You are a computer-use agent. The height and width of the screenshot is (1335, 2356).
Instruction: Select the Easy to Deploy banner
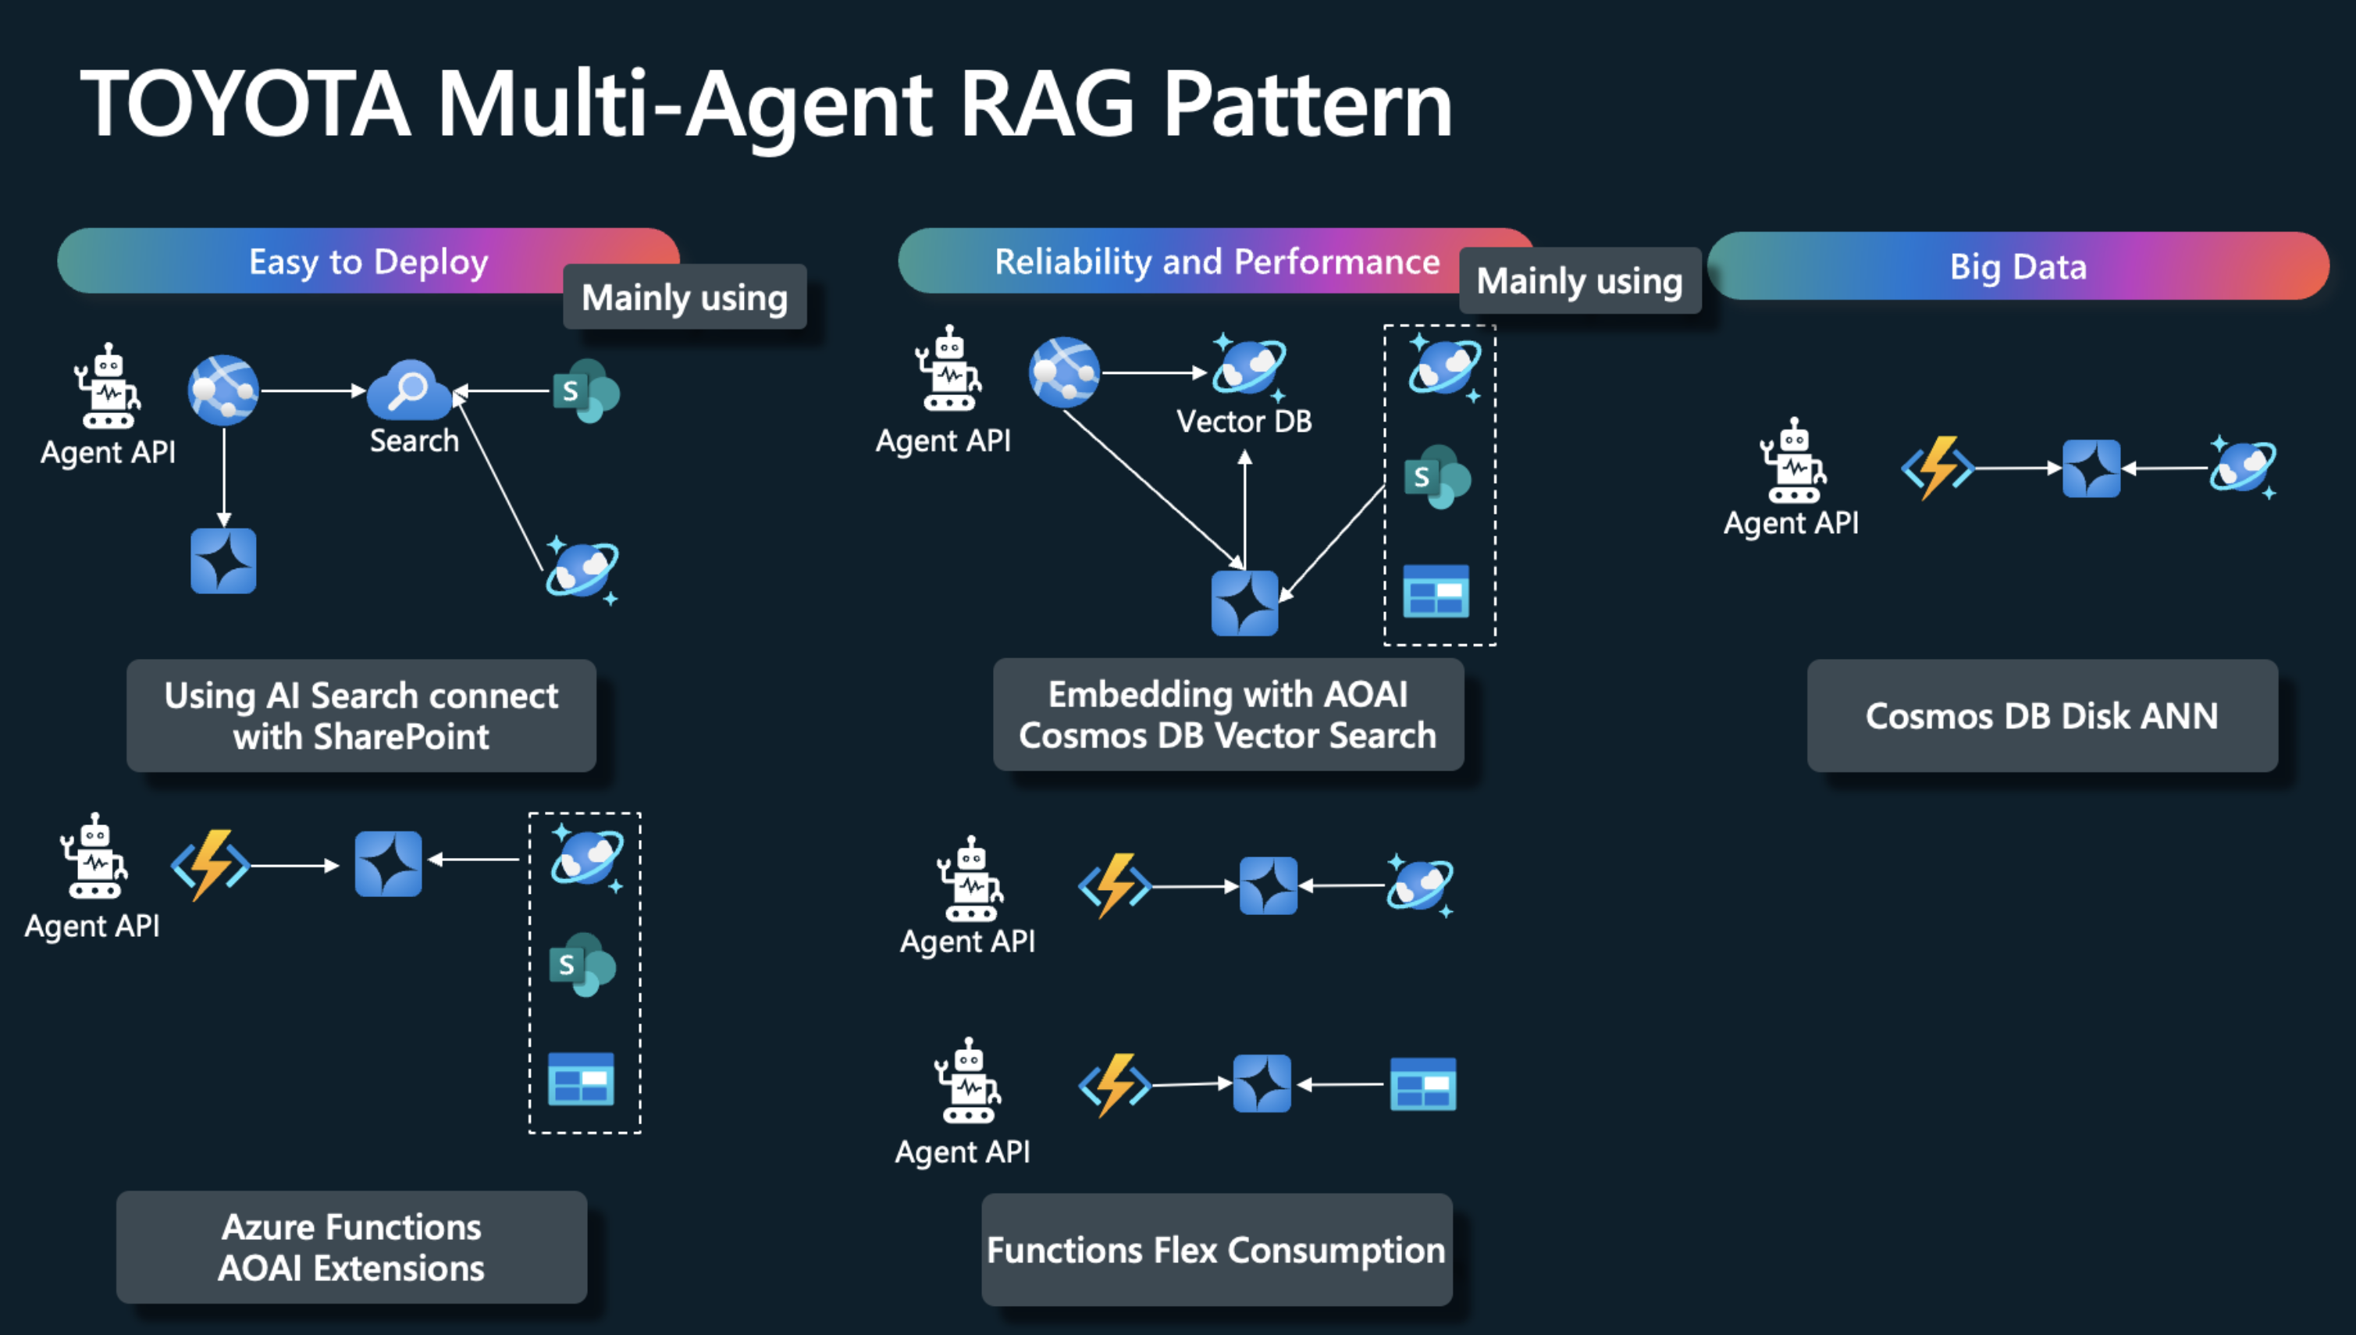368,262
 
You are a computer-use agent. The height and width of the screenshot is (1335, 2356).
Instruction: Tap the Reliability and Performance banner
1216,262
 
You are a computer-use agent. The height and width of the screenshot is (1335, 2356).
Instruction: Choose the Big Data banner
2018,266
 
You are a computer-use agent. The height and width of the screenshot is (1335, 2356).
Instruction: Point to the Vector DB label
1244,422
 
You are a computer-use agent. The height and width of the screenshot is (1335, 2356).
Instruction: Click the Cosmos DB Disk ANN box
2041,716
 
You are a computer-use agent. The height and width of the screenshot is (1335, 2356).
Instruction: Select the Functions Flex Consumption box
1215,1250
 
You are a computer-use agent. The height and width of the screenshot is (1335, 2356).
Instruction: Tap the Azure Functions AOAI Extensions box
351,1247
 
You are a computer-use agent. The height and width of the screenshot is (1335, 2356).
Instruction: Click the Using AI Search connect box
361,716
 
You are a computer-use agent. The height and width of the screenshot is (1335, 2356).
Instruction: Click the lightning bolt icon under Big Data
1937,468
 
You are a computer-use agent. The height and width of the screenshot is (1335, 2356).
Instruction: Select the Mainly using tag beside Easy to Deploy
684,297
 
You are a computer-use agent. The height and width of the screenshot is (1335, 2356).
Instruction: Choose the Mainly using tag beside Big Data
1578,280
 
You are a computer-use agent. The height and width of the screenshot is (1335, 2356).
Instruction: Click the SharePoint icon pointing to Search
585,391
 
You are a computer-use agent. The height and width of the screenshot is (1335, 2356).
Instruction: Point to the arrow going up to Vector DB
1244,504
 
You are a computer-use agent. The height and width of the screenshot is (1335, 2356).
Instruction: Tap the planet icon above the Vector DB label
1248,366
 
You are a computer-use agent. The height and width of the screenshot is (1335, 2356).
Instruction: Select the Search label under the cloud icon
415,441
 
